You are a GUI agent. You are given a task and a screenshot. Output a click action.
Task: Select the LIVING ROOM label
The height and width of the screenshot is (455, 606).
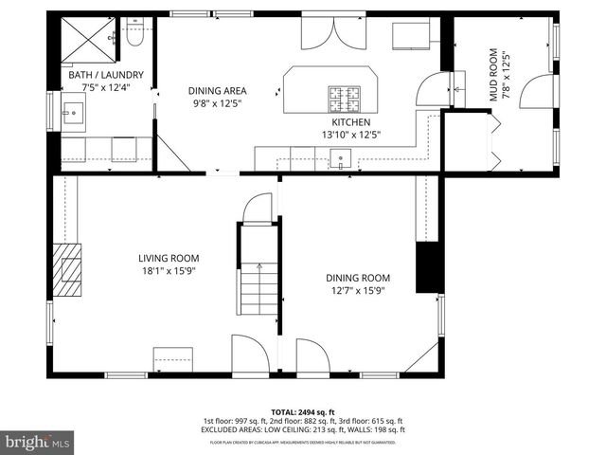[169, 258]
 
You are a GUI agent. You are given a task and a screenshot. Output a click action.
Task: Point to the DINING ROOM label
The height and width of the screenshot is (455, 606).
[357, 278]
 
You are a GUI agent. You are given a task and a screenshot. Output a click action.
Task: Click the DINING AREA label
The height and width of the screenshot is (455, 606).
[216, 90]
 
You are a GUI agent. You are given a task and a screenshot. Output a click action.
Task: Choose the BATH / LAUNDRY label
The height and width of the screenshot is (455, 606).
[106, 74]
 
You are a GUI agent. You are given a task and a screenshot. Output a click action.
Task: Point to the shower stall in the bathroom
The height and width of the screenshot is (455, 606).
[85, 38]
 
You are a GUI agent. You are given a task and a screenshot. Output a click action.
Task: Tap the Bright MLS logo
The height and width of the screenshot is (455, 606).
[38, 441]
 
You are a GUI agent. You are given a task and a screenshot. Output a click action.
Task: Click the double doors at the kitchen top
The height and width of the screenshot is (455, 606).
[331, 33]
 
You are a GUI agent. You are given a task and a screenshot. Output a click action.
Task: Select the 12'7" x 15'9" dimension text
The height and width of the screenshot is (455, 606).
[357, 290]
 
